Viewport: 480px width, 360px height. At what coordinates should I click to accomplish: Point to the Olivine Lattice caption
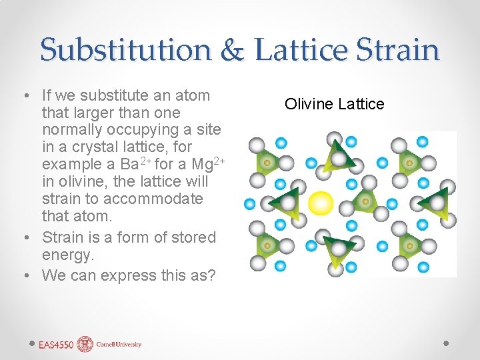point(334,104)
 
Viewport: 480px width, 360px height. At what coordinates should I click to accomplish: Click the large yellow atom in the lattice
point(321,203)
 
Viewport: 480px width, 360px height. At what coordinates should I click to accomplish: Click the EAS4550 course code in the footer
point(56,345)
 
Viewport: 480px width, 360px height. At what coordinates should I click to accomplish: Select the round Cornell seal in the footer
point(85,344)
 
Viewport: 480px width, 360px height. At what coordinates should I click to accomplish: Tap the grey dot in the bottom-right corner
point(447,342)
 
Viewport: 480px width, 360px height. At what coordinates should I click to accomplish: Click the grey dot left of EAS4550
point(32,342)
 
